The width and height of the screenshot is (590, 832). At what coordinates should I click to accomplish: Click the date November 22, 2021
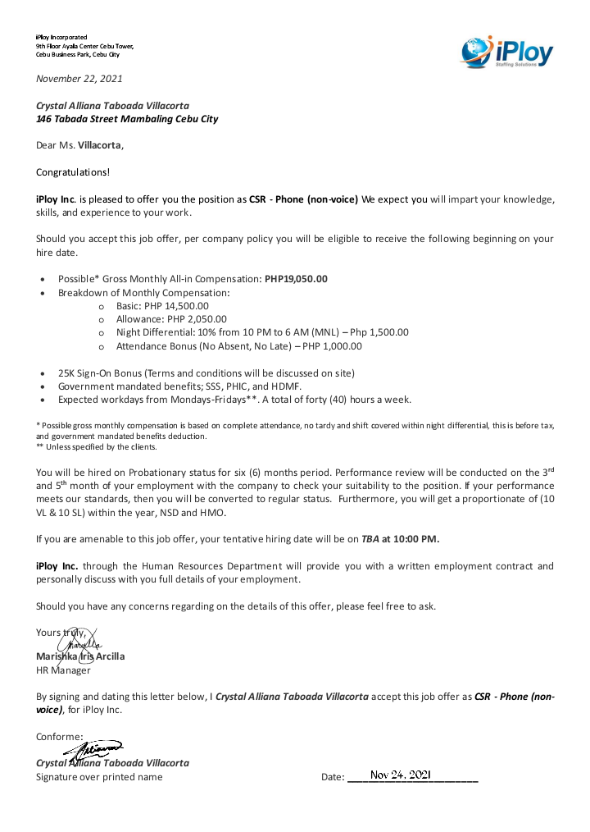tap(79, 79)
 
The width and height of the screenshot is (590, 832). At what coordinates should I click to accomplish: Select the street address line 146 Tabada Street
tap(127, 119)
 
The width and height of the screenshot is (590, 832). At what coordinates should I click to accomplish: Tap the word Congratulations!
tap(73, 172)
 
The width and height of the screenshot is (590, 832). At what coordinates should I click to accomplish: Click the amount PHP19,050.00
tap(296, 279)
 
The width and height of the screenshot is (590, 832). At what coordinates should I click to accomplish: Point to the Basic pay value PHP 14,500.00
tap(176, 305)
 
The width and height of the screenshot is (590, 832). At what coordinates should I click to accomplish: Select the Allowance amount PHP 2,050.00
tap(192, 319)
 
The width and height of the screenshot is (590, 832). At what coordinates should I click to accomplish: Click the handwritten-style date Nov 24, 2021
tap(400, 775)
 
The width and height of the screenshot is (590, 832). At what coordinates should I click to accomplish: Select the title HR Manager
tap(64, 670)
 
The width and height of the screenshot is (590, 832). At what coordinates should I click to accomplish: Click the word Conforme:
tap(60, 736)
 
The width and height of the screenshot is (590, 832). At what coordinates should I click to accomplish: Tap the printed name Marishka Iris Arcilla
tap(80, 656)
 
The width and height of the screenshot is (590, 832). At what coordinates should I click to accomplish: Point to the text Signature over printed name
tap(99, 777)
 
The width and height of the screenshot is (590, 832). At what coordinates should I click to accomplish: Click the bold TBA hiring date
tap(370, 539)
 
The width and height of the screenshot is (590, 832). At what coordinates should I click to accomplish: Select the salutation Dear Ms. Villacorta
tap(80, 146)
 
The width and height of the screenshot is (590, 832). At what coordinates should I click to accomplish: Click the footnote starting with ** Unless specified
tap(85, 447)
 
